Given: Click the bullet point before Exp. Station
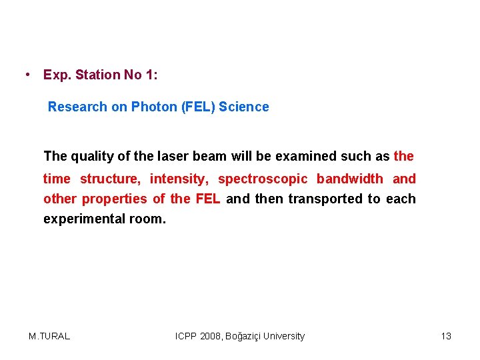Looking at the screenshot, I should (x=25, y=74).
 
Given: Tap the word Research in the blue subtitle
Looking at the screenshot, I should (x=77, y=107).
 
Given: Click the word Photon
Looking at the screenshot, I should (x=154, y=107).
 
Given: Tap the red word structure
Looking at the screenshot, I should (x=110, y=179).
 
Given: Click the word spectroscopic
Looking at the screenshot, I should (x=263, y=179).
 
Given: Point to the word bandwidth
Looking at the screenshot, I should (x=350, y=179).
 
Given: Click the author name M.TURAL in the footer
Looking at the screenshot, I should (x=49, y=336).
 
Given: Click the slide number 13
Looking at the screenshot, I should (x=446, y=336).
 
